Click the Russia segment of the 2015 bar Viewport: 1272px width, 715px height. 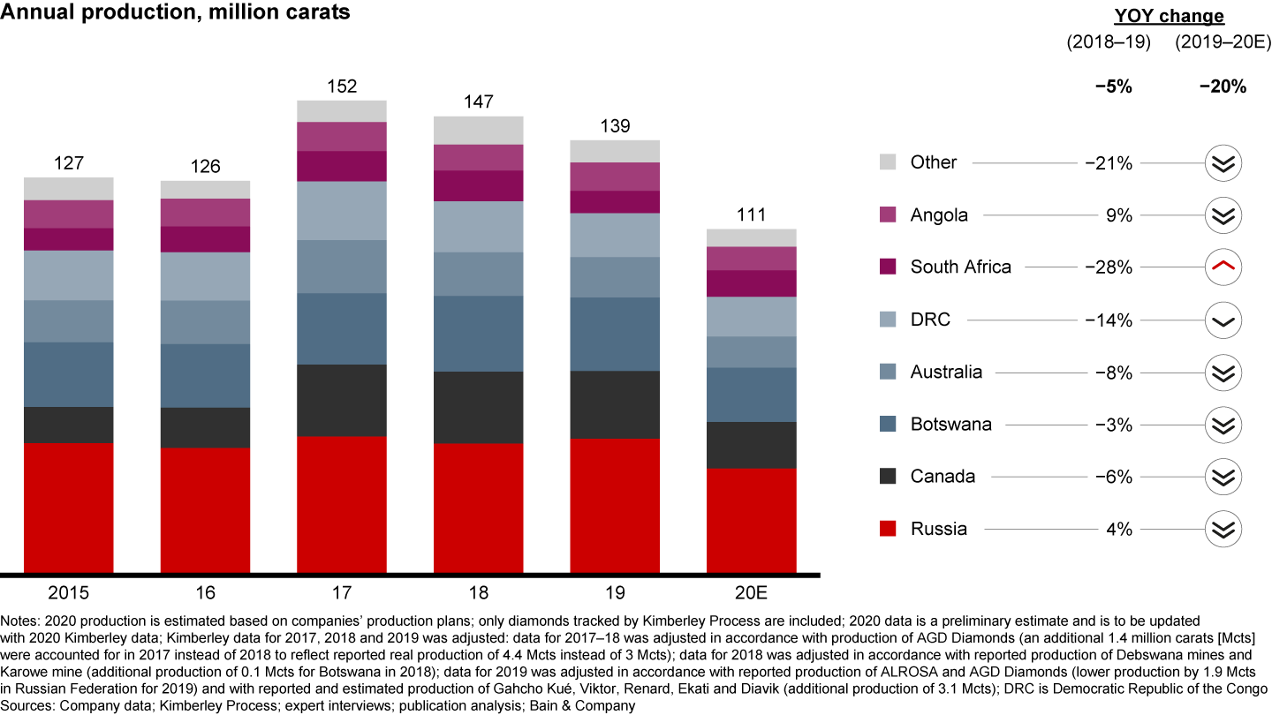click(x=69, y=508)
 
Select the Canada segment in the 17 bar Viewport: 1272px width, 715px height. click(x=342, y=400)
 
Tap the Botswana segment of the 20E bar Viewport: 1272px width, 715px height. click(x=751, y=395)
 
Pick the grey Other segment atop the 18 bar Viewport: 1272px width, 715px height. click(x=478, y=130)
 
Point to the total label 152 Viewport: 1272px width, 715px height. click(x=342, y=87)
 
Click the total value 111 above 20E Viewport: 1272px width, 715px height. click(x=751, y=215)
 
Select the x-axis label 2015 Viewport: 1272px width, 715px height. click(x=69, y=591)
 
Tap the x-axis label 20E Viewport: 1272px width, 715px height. click(x=751, y=591)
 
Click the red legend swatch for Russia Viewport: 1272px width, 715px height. click(x=889, y=529)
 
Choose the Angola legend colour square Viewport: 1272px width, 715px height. click(x=889, y=214)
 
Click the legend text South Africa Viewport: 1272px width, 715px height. click(x=960, y=267)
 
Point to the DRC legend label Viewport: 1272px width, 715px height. click(x=930, y=320)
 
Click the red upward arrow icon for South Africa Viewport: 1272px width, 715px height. click(x=1223, y=267)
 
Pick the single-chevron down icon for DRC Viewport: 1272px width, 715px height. click(x=1223, y=320)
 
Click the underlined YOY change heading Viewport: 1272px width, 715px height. click(x=1169, y=16)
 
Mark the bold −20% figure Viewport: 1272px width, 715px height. click(x=1223, y=87)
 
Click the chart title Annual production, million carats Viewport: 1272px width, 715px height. click(x=175, y=13)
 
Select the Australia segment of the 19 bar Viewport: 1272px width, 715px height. click(x=615, y=277)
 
